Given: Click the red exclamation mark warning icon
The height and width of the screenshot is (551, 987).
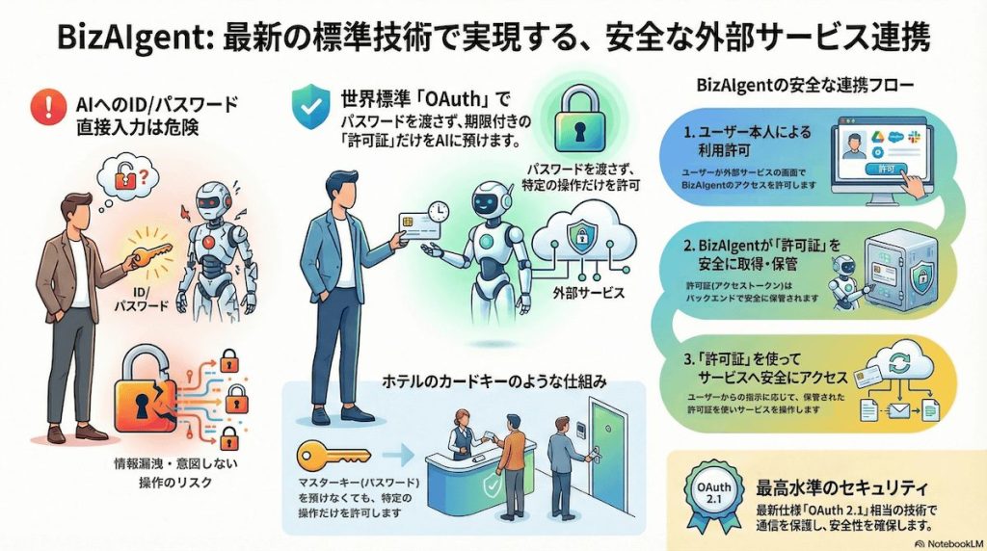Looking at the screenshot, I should [x=43, y=105].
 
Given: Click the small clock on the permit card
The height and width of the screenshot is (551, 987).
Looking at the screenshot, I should [x=439, y=210].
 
